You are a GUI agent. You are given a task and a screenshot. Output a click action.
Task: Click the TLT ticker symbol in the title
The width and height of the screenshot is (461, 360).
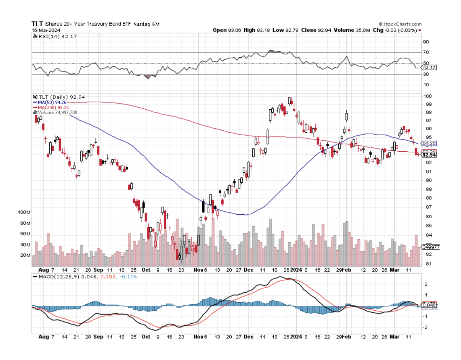point(37,24)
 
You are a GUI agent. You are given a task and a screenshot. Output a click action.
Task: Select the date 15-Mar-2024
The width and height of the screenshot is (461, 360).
point(44,30)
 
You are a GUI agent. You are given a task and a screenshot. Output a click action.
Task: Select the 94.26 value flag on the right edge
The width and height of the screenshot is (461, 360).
point(429,144)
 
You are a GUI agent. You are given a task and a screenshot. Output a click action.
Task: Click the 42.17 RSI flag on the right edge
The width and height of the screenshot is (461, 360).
point(429,68)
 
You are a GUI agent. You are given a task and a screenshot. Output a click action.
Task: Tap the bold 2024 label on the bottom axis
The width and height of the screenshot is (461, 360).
point(296,337)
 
